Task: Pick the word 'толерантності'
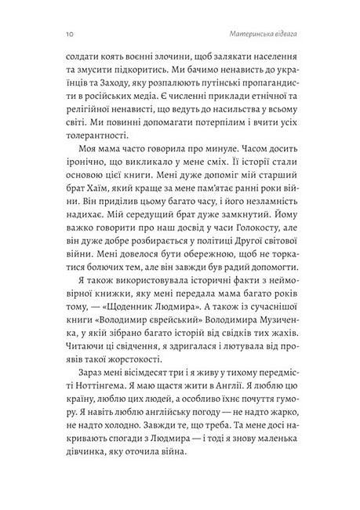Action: pos(93,144)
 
